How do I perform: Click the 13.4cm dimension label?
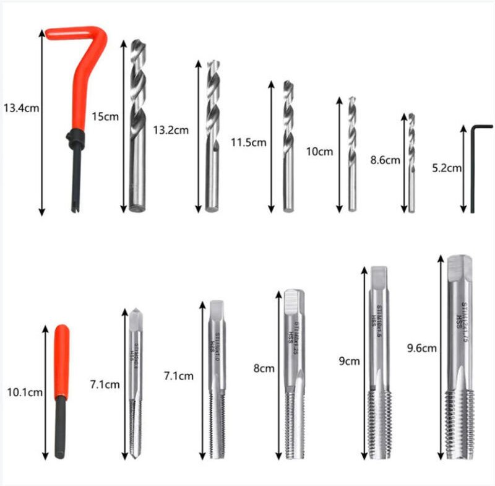click(21, 108)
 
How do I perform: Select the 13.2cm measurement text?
click(171, 130)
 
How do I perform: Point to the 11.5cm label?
click(248, 142)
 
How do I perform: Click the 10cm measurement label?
click(320, 151)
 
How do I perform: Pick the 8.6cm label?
click(385, 160)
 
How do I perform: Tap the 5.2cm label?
click(446, 168)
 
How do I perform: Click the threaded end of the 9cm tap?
click(379, 421)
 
